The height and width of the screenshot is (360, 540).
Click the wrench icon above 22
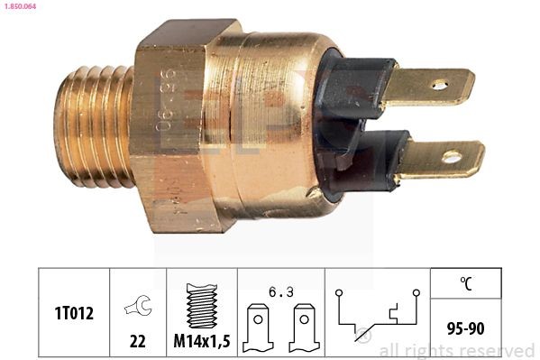pos(138,305)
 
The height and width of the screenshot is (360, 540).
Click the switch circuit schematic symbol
pos(377,312)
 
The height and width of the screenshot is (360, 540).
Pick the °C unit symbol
pos(465,283)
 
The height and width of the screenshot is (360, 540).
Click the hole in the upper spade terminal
pos(439,86)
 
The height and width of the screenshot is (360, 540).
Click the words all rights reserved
pos(456,350)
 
